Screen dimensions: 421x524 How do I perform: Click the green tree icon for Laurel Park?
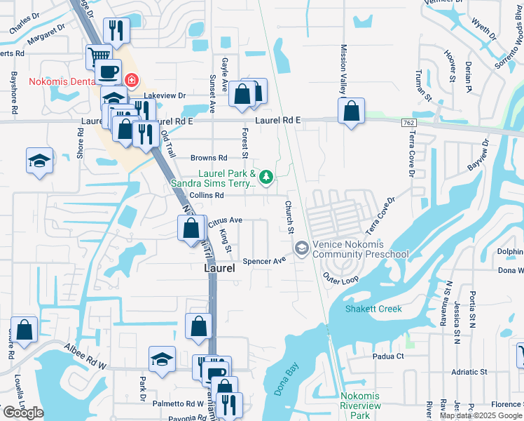tap(266, 177)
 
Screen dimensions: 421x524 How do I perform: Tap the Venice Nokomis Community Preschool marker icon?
tap(301, 248)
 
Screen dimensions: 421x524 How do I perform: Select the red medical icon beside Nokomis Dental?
tap(131, 81)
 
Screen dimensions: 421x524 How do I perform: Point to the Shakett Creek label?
tap(373, 309)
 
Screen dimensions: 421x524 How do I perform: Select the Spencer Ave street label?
tap(264, 261)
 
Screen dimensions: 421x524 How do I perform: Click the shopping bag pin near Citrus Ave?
tap(191, 229)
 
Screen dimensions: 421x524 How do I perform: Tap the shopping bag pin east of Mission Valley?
tap(351, 111)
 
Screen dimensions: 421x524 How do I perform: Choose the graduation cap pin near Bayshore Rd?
tap(40, 160)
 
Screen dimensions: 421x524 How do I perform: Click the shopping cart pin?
tap(99, 55)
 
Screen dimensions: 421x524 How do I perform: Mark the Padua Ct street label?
tap(389, 356)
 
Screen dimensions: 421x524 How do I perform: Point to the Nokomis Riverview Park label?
tap(360, 406)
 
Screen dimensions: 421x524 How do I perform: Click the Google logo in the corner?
tap(23, 413)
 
